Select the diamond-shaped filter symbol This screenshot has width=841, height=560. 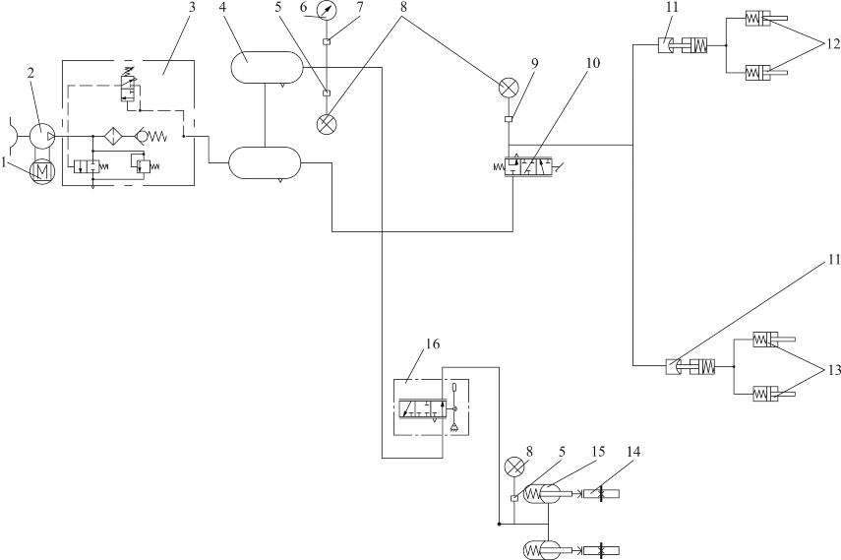[114, 137]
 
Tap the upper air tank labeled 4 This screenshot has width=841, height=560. [267, 68]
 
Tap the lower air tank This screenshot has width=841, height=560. [265, 162]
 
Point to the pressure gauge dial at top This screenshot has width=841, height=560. [326, 10]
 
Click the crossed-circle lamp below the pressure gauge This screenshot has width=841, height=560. [327, 125]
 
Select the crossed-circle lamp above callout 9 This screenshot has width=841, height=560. [508, 88]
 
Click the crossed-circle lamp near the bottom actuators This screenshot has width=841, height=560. [514, 467]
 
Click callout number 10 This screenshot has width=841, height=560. [592, 63]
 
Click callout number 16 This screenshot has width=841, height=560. [432, 343]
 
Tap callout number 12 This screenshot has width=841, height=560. [832, 44]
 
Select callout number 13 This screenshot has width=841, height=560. [832, 370]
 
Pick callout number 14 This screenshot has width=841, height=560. [632, 452]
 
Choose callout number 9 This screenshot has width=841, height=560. [534, 63]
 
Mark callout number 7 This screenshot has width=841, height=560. [360, 8]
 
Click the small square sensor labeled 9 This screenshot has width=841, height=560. [508, 119]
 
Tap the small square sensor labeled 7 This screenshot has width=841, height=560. [327, 42]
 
